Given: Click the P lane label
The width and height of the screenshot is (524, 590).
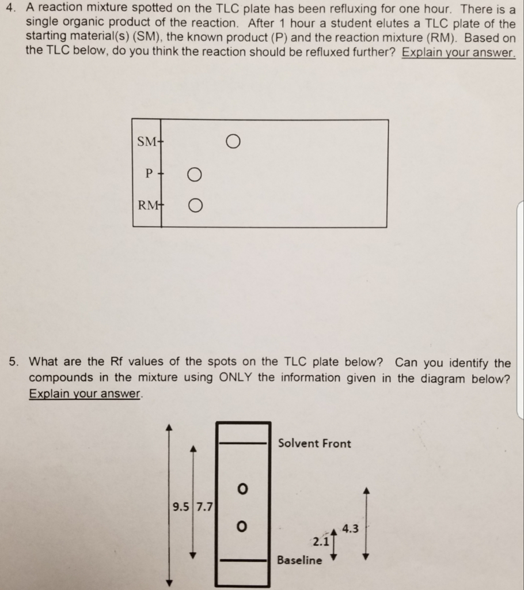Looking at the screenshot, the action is pyautogui.click(x=150, y=173).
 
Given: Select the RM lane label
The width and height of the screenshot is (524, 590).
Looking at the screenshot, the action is pyautogui.click(x=147, y=205).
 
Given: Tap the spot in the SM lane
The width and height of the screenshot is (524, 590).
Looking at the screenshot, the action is pyautogui.click(x=231, y=141).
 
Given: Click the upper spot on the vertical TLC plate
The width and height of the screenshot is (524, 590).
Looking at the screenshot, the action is pyautogui.click(x=242, y=489).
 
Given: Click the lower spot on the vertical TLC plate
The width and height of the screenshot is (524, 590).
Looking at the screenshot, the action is pyautogui.click(x=242, y=526).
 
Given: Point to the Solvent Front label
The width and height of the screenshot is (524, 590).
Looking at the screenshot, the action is pyautogui.click(x=314, y=444).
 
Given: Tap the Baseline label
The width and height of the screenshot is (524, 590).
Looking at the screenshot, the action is pyautogui.click(x=299, y=560).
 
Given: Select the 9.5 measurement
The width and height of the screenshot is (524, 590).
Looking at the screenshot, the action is pyautogui.click(x=180, y=508).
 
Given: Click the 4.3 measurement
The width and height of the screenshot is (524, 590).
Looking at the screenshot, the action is pyautogui.click(x=350, y=528).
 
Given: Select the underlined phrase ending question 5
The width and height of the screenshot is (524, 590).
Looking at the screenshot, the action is pyautogui.click(x=85, y=394).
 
